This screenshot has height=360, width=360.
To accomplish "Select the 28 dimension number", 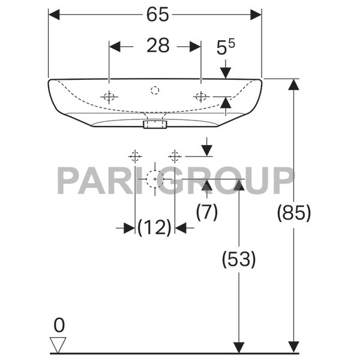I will pos(158,46).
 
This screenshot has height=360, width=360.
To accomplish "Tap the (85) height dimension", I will pos(294,212).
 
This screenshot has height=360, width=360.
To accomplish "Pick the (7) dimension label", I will pos(207,211).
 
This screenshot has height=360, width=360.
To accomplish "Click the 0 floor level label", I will pos(59,325).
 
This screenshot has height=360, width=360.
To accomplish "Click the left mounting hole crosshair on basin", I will pos(109,97).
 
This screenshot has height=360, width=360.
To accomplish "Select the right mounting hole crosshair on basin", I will pos(201,97).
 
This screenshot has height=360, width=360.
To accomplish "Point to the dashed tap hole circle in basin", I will pos(155,91).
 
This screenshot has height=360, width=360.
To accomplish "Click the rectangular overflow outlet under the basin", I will pos(155,124).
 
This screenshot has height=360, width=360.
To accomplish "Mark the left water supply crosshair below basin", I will pos(134,157).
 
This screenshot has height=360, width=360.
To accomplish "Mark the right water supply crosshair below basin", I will pos(175,157).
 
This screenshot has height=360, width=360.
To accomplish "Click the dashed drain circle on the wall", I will pos(155,178).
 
